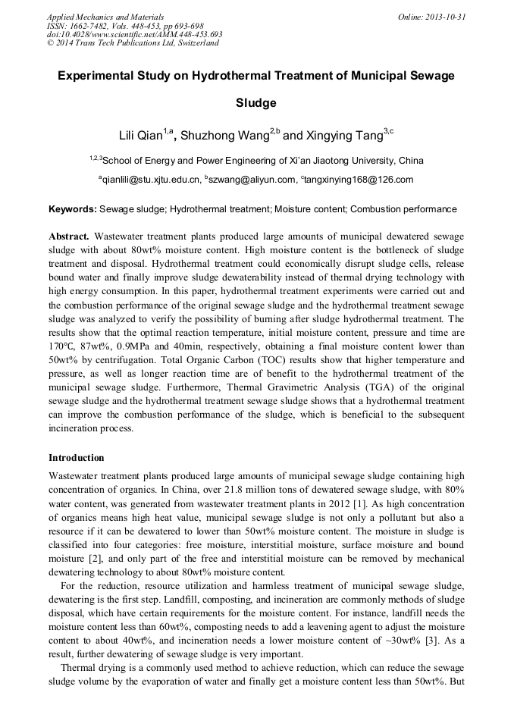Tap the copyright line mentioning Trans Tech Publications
133,43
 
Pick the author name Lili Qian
141,136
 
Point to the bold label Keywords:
73,208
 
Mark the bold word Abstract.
69,237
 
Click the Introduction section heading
77,458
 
